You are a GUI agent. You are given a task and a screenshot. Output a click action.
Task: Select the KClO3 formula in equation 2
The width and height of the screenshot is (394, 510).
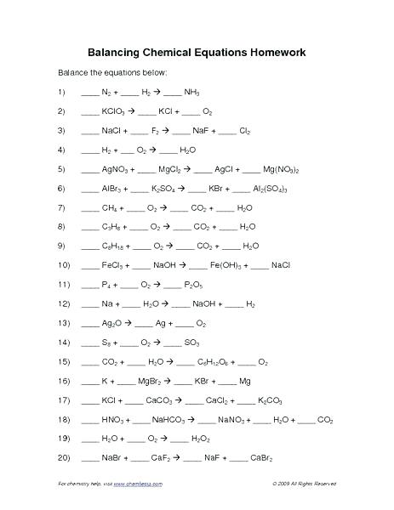[x=115, y=111]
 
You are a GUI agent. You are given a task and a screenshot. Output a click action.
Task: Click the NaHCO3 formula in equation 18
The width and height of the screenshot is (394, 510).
[x=173, y=420]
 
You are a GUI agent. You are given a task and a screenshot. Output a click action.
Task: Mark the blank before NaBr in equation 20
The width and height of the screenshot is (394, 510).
[x=89, y=459]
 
